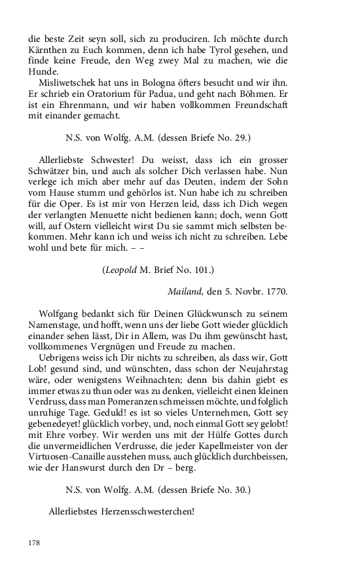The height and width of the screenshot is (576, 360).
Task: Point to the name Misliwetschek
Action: pos(69,84)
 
